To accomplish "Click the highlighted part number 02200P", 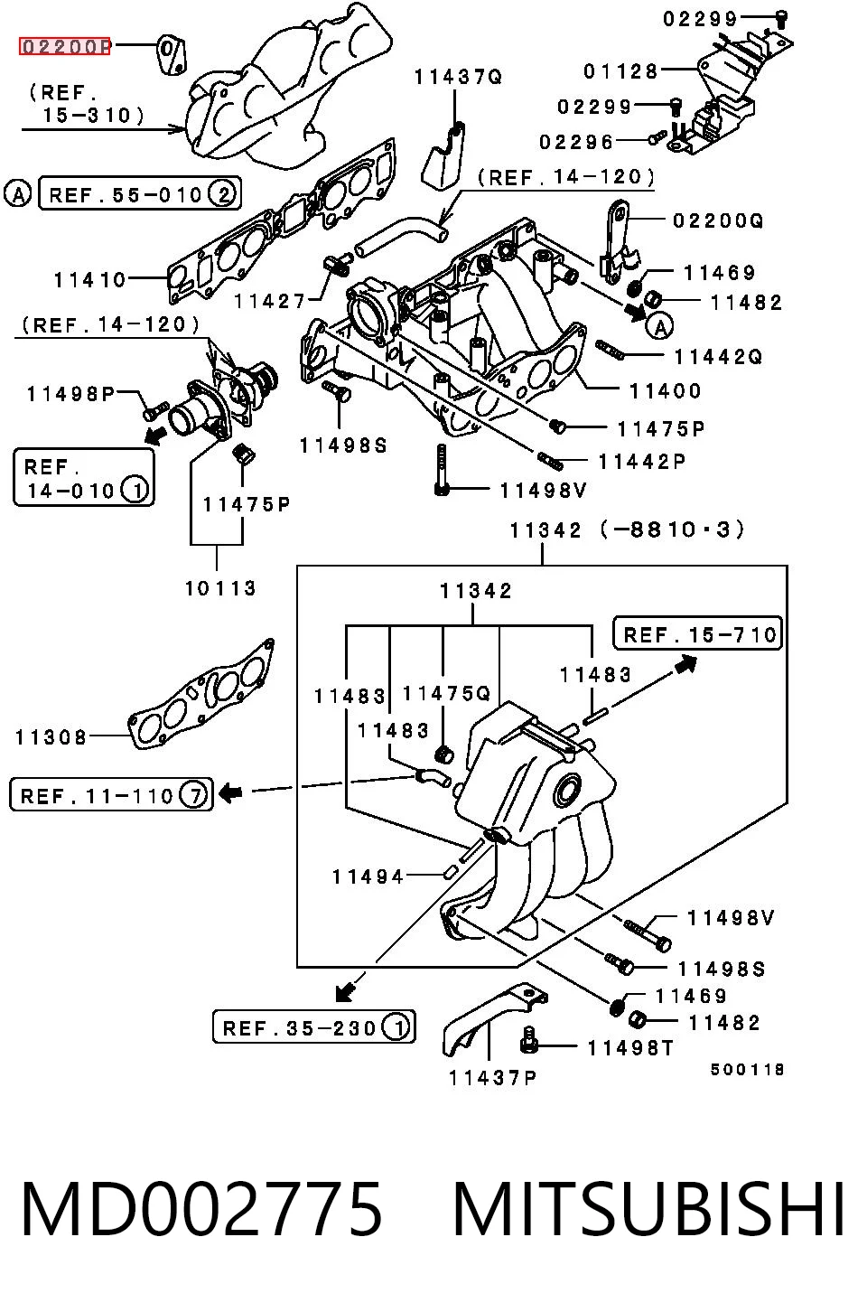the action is point(64,46).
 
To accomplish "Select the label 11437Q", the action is point(459,77).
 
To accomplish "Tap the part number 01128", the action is point(620,71).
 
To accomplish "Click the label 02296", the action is point(576,142).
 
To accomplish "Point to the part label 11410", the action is point(89,280).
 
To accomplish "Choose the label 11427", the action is point(270,301).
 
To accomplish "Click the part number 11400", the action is point(665,390).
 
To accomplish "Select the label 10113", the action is point(220,588).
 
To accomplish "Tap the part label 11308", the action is point(51,736).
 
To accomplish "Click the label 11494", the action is point(368,876).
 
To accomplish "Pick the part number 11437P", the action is point(492,1077).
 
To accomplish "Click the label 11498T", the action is point(630,1048).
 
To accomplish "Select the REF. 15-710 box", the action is point(697,633).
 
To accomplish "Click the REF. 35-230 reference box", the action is point(313,1026).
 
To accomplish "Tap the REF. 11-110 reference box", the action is point(111,794).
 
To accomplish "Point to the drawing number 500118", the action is point(747,1070).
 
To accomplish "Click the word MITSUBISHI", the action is point(649,1209).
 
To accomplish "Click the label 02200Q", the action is point(718,220).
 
